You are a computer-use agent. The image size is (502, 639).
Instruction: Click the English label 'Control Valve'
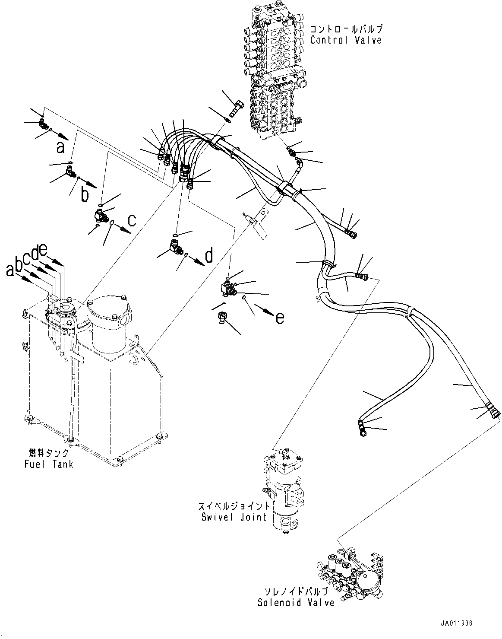(x=346, y=40)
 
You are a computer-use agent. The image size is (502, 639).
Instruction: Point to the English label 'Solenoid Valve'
(x=296, y=602)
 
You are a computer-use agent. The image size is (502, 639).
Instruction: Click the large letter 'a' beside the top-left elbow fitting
(x=60, y=148)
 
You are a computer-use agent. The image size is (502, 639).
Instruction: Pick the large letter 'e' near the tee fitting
(x=280, y=318)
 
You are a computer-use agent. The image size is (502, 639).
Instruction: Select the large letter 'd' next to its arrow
(x=209, y=256)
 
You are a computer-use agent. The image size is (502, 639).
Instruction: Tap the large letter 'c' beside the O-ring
(x=132, y=220)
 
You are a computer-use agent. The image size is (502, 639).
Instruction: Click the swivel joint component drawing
(x=285, y=488)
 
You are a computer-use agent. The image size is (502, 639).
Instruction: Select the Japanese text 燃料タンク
(x=47, y=453)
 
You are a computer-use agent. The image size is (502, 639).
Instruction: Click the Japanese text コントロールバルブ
(x=346, y=29)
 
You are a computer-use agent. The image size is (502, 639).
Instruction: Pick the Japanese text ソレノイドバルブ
(x=296, y=592)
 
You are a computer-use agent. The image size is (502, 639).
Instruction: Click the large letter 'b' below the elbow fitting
(x=85, y=195)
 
